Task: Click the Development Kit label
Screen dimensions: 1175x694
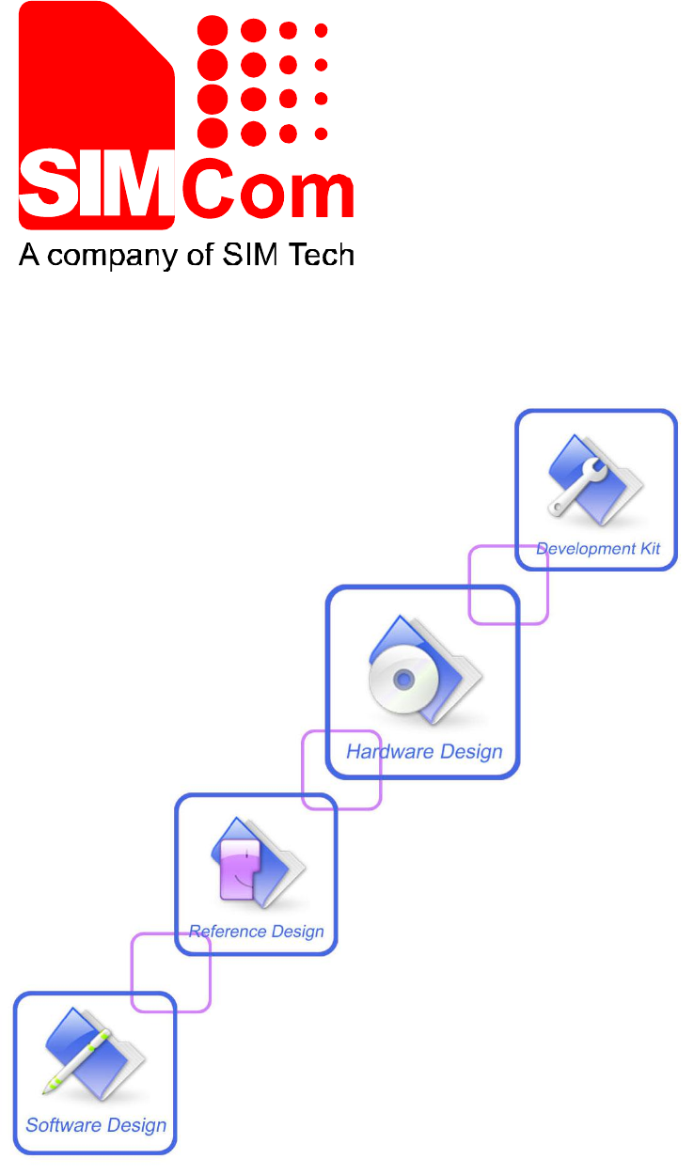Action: [x=598, y=548]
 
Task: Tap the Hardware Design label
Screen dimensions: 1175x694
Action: [x=424, y=751]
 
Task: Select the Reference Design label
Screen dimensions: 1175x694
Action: [x=257, y=932]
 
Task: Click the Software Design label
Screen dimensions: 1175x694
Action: [x=96, y=1124]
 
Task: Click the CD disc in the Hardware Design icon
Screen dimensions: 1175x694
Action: [x=402, y=679]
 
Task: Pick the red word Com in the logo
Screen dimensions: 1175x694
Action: [x=267, y=193]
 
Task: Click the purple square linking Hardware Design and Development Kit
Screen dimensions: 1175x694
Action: [x=509, y=584]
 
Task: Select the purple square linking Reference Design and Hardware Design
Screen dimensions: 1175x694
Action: [x=341, y=770]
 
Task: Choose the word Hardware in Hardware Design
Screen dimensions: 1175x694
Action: [x=389, y=751]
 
